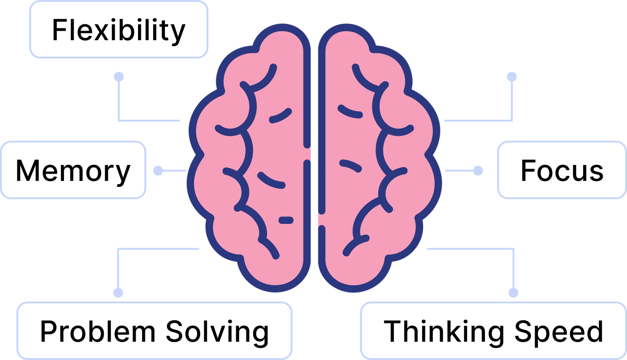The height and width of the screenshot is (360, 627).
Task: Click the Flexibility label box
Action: pos(118,30)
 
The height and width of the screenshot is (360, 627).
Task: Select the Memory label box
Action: pos(73,170)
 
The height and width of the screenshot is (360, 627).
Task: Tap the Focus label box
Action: pos(562,170)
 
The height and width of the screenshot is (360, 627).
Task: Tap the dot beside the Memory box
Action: pos(158,170)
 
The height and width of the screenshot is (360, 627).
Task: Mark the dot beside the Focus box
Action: pos(478,170)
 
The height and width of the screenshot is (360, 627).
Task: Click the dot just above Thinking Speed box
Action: pos(514,292)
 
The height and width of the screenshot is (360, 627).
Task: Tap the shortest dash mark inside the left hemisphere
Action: pos(286,220)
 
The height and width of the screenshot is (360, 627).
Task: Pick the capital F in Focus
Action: pos(528,170)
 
